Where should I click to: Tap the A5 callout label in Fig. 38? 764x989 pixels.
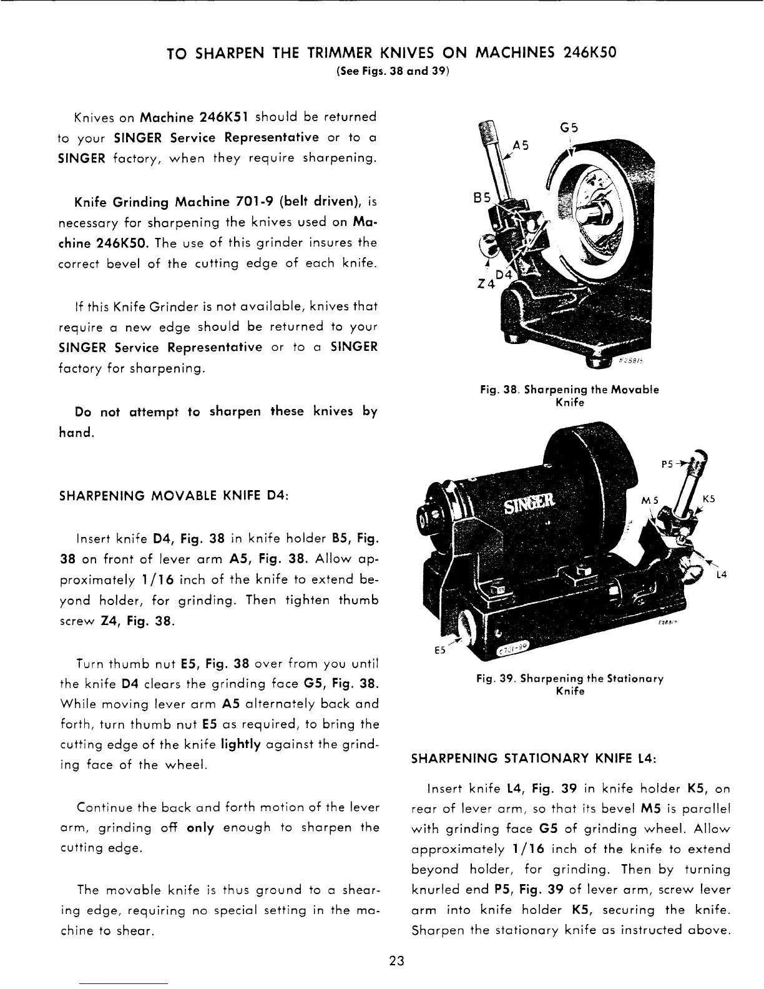point(521,146)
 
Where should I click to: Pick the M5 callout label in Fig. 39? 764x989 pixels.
point(652,499)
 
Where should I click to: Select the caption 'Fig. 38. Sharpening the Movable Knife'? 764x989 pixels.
point(569,396)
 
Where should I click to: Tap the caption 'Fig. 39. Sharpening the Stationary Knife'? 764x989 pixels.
point(569,684)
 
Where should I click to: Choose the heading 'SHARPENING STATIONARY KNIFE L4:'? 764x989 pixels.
point(533,759)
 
